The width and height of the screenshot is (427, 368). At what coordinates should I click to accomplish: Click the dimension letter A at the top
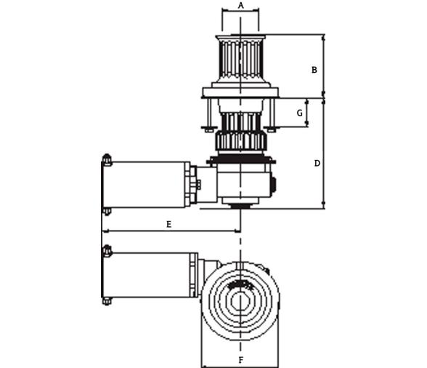[240, 5]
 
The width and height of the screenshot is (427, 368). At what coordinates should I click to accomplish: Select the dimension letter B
[314, 71]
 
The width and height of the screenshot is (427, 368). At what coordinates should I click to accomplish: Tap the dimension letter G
[299, 113]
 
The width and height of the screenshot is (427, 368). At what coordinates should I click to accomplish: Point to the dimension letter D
[317, 164]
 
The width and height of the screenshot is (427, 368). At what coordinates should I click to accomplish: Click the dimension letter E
[168, 225]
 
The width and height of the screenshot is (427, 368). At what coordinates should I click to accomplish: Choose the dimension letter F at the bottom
[240, 360]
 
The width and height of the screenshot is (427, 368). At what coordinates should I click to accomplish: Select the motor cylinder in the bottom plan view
[151, 275]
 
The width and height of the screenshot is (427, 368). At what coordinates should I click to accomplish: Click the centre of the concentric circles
[240, 297]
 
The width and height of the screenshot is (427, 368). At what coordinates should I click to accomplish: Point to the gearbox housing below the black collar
[244, 183]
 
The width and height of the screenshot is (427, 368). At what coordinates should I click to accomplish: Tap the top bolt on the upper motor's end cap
[107, 159]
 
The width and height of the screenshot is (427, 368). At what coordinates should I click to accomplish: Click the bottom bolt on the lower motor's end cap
[107, 300]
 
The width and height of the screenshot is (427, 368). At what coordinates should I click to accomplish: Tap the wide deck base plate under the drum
[240, 92]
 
